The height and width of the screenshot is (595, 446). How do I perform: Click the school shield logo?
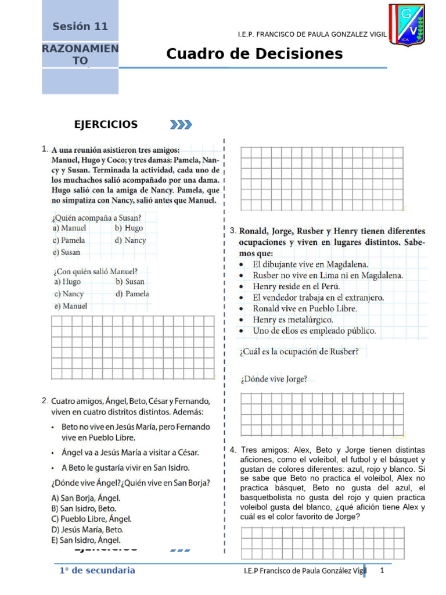point(407,25)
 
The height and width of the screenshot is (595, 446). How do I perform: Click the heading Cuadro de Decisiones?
point(254,54)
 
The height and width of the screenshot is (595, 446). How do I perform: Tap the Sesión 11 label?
point(80,26)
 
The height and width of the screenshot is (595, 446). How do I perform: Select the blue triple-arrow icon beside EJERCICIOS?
point(181,124)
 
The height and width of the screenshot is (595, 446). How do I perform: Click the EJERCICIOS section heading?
point(106,124)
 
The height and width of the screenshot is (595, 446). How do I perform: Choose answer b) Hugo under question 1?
point(129,228)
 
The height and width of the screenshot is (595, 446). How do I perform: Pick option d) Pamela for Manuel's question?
point(132,293)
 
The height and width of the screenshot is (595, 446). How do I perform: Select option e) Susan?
point(67,252)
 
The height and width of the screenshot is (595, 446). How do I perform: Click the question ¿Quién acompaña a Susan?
point(97,218)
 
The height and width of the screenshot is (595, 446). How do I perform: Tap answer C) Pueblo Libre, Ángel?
point(91,519)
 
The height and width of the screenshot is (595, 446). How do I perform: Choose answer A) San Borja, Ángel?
point(86,497)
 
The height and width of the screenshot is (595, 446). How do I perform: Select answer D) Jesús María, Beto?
point(87,529)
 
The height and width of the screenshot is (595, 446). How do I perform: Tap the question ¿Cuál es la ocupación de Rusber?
point(298,351)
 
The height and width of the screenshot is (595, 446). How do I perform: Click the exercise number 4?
point(232,450)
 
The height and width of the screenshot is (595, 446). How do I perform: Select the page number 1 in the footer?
point(382,571)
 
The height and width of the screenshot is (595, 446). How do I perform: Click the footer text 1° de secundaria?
point(97,571)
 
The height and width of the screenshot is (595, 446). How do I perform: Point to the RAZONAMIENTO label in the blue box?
point(80,55)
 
